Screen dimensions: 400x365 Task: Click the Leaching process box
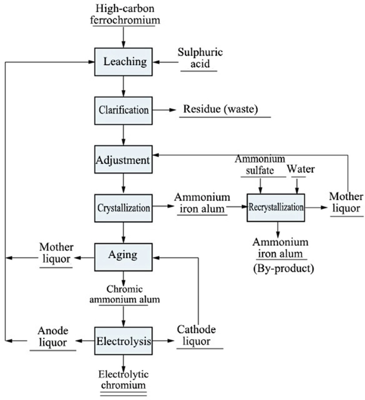pos(124,62)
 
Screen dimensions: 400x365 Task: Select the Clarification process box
pos(124,110)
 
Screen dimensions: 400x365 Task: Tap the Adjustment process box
pos(124,159)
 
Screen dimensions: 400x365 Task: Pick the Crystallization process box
pos(124,207)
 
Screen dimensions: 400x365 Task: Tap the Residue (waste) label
pos(220,110)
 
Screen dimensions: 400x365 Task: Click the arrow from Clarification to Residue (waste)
pos(165,110)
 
